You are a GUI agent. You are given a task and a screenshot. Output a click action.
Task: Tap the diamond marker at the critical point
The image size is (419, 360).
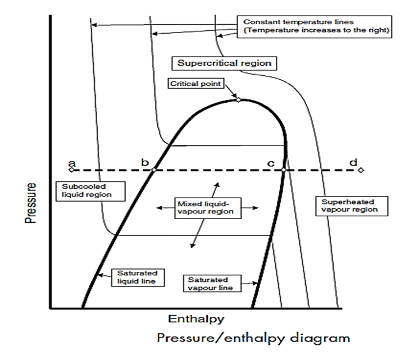pos(238,99)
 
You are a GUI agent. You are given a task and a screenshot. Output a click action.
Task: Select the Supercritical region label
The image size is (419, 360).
pos(224,63)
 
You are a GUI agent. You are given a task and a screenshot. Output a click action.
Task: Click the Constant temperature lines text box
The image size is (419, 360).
pos(314,26)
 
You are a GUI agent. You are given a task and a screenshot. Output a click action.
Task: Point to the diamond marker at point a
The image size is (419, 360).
pos(70,170)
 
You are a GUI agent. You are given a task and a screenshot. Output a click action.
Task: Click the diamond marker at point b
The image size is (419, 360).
pos(153,170)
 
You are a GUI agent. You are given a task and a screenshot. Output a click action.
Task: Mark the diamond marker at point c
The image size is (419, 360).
pos(284,170)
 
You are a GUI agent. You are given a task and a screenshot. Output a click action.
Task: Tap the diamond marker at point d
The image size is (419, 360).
pos(361,170)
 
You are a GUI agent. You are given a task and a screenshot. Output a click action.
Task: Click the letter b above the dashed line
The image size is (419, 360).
pos(145,163)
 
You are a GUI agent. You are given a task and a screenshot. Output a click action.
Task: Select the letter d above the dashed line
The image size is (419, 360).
pos(353,162)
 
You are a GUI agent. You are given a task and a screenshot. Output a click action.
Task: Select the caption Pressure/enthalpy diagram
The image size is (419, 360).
pos(253,339)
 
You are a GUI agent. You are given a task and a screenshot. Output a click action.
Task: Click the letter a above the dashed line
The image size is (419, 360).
pos(72,163)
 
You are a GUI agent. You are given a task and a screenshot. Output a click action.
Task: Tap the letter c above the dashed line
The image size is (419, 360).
pos(270,163)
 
